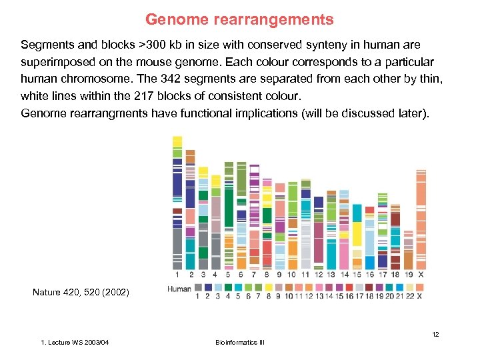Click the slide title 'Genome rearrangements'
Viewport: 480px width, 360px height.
tap(239, 20)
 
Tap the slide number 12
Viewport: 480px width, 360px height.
tap(435, 333)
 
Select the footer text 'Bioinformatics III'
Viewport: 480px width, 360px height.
tap(240, 343)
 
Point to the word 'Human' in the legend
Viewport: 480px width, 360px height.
tap(179, 289)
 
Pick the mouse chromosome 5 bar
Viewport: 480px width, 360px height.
tap(229, 213)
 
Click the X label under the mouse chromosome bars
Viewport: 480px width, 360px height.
tap(421, 274)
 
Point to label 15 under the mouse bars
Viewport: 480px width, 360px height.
tap(357, 274)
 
